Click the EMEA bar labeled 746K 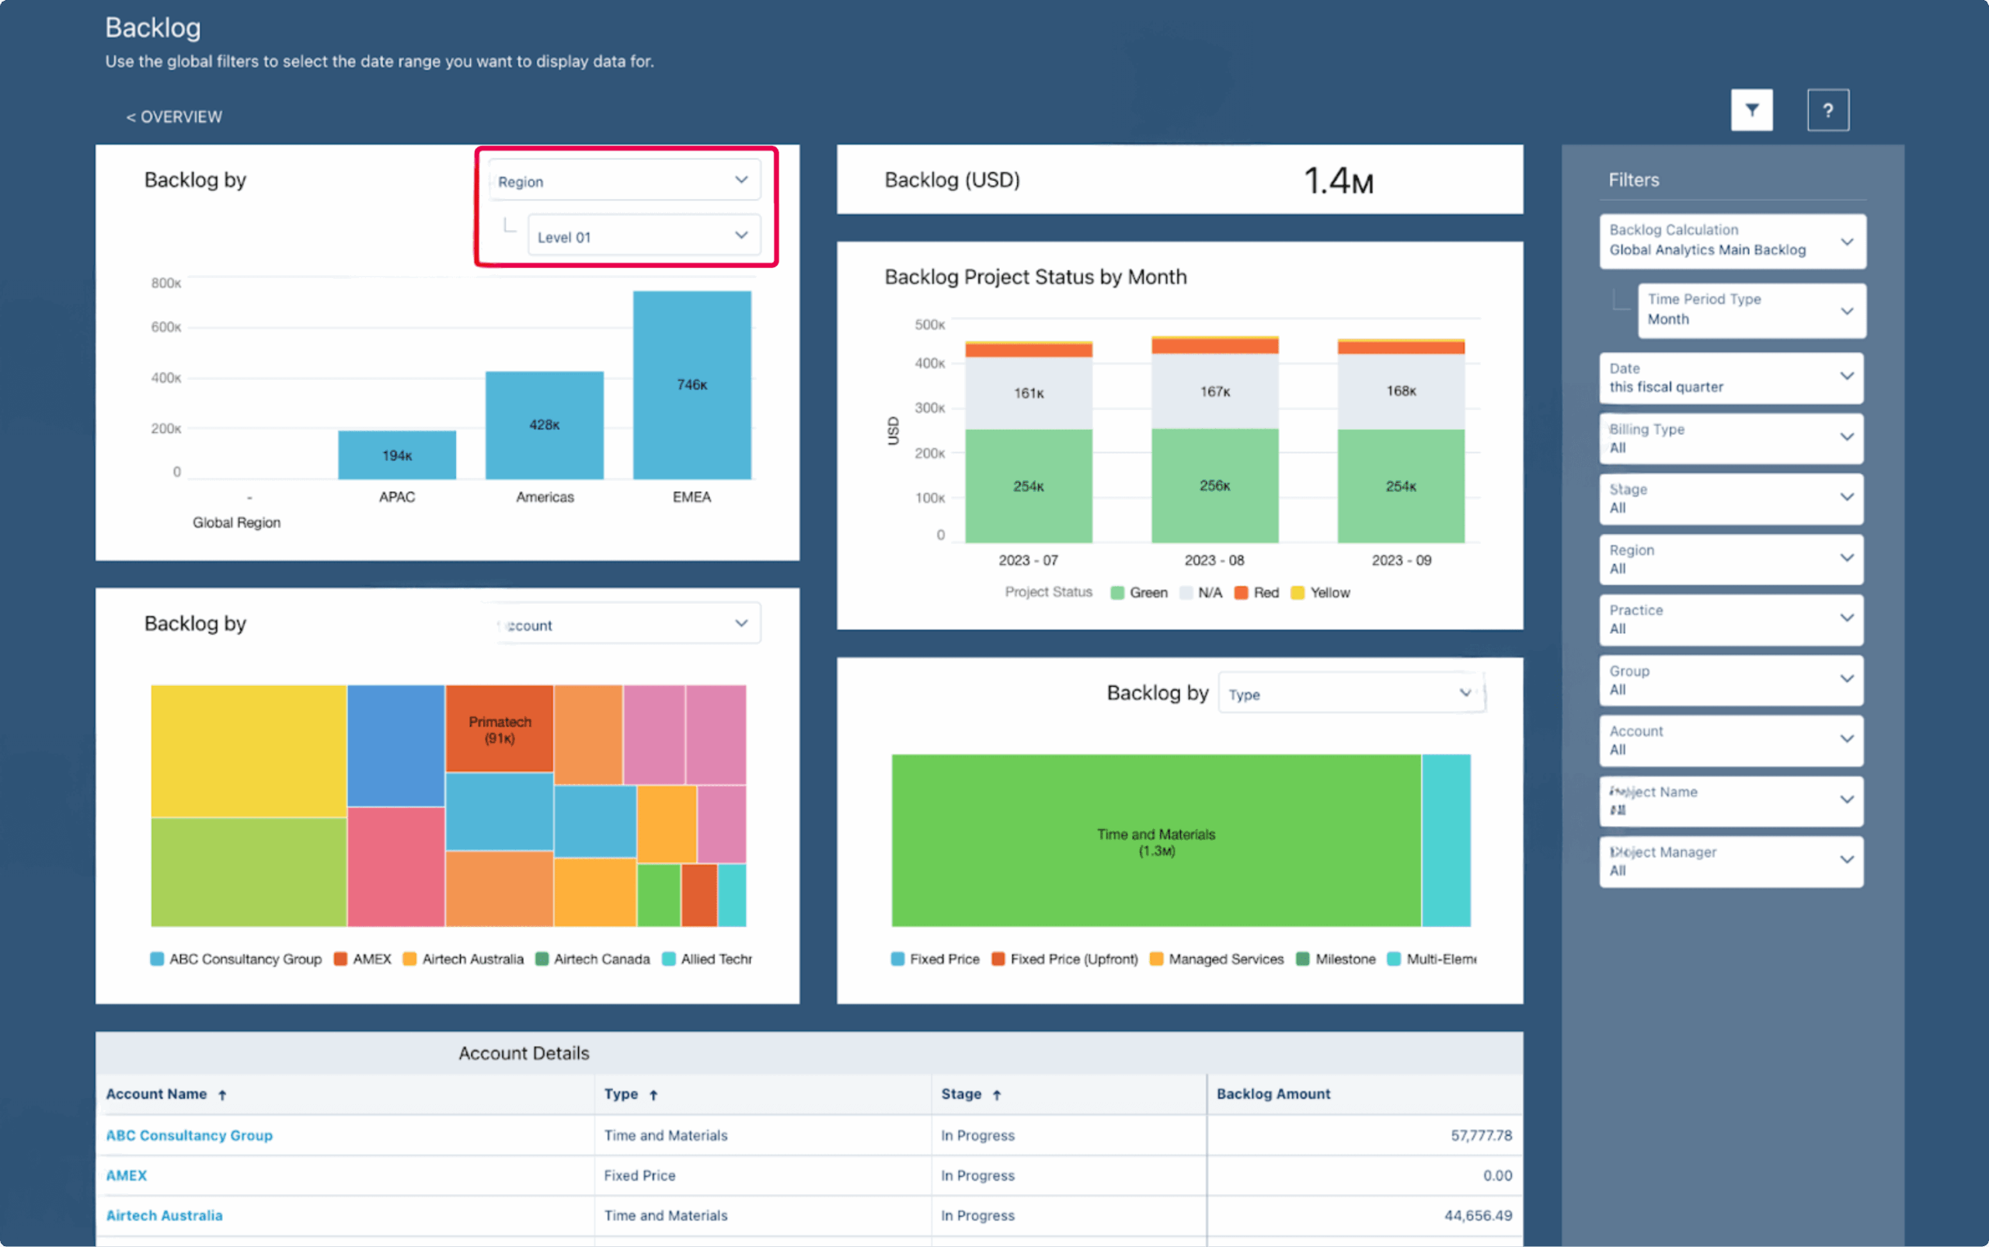click(x=691, y=385)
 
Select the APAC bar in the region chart click(x=397, y=455)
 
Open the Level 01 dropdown click(x=643, y=236)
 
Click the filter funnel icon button click(x=1751, y=110)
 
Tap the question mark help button click(x=1827, y=110)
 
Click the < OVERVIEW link click(x=174, y=117)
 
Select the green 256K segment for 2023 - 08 click(x=1214, y=485)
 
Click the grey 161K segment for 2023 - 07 click(x=1029, y=392)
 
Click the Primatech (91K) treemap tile click(x=500, y=728)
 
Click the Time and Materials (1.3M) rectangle click(x=1155, y=841)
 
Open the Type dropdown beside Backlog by click(x=1350, y=694)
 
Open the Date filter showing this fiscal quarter click(x=1731, y=378)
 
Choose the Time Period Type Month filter click(x=1750, y=310)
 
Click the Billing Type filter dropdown click(x=1731, y=438)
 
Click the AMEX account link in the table click(x=126, y=1176)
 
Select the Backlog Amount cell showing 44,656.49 click(x=1478, y=1215)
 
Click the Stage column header click(x=962, y=1094)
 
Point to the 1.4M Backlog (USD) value click(x=1338, y=180)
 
